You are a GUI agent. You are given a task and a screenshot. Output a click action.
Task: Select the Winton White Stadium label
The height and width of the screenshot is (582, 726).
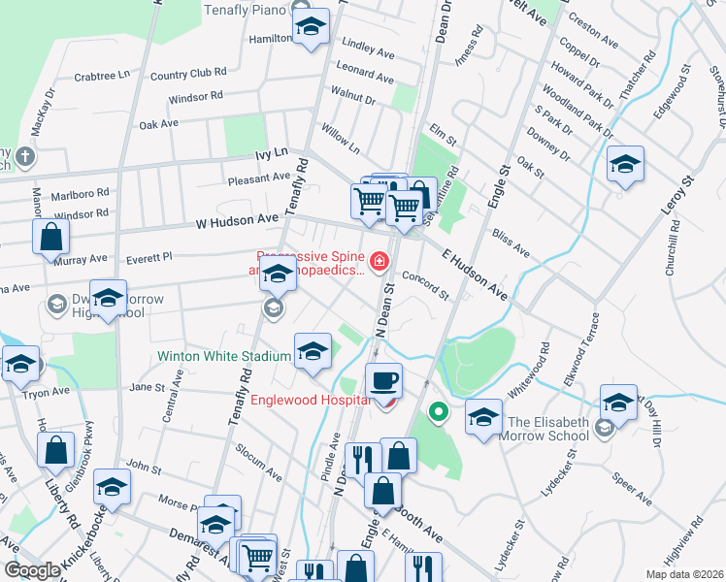pos(225,356)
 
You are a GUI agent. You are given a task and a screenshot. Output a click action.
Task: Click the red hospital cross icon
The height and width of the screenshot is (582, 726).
pos(378,260)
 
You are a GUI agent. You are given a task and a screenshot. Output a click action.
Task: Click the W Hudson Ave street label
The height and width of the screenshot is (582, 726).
pos(237,222)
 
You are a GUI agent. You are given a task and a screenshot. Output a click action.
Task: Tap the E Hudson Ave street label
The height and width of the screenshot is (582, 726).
pos(474,275)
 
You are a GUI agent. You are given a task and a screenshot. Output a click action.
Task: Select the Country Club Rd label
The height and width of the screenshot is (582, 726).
pos(188,73)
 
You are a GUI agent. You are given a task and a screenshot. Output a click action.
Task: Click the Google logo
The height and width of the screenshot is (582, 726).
pos(31,570)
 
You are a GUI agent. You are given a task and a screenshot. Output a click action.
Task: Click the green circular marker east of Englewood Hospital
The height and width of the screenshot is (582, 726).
pos(438,412)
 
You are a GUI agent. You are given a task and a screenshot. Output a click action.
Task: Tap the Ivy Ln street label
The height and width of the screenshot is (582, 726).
pos(272,153)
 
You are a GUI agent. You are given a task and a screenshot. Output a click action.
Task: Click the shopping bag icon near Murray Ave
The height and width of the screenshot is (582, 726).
pos(50,236)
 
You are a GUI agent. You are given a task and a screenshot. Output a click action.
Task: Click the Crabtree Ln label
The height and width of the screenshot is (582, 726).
pos(101,75)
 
